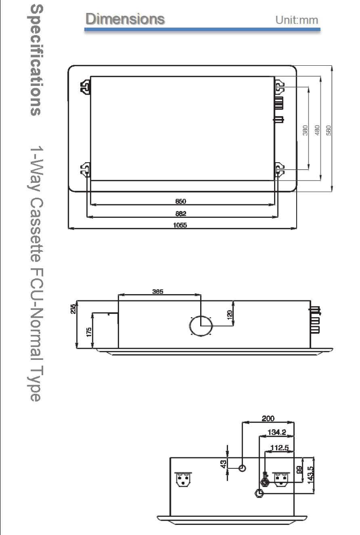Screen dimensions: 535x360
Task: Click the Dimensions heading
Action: point(125,19)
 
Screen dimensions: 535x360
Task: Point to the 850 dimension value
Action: point(181,202)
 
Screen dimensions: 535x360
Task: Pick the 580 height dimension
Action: point(329,128)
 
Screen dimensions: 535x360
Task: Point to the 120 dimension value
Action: point(230,314)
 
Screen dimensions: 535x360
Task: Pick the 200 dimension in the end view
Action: point(268,418)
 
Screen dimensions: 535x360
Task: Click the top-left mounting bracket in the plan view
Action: point(85,86)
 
